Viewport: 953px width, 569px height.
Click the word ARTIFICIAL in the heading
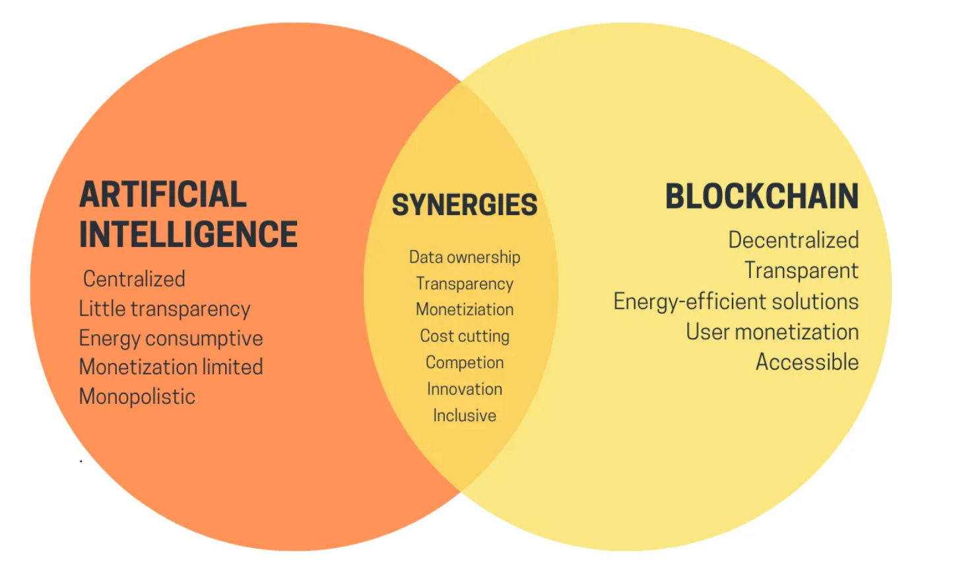point(162,195)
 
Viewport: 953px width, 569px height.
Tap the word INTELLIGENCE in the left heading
point(188,235)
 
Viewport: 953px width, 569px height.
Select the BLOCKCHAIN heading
point(762,197)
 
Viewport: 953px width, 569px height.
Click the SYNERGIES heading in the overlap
point(465,205)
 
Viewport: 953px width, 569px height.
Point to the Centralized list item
point(134,279)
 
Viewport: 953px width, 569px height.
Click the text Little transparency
point(164,309)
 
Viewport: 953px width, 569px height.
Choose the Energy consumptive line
point(170,339)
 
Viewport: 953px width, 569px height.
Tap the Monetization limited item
point(170,367)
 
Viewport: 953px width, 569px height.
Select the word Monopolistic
point(137,397)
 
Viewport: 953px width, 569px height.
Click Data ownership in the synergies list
point(465,257)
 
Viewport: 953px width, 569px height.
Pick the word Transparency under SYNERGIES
point(465,284)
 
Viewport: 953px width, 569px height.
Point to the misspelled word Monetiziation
point(465,310)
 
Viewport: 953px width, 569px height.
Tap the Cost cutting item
point(465,336)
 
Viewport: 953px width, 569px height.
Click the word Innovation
point(465,389)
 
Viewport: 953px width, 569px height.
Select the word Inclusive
point(465,415)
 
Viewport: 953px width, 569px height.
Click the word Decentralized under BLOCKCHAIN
point(793,240)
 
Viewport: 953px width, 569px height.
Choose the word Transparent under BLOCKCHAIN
point(801,271)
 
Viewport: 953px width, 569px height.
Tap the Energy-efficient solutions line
point(736,302)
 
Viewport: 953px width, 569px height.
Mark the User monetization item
point(772,332)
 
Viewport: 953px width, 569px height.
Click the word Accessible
point(807,362)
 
